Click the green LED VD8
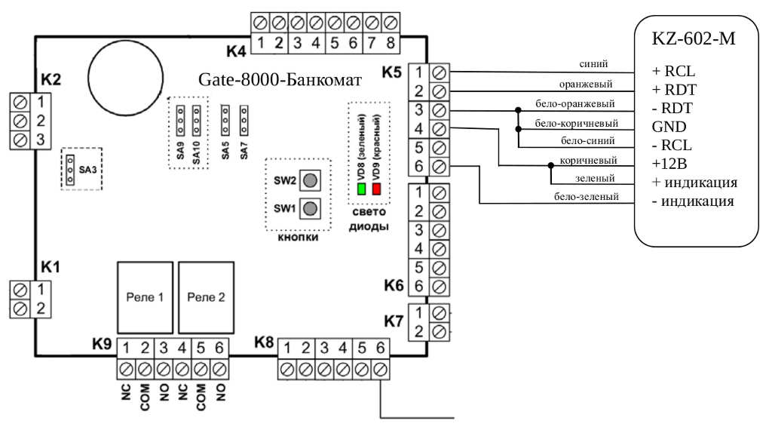(x=362, y=189)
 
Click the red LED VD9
(x=377, y=189)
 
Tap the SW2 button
(x=309, y=180)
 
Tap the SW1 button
(x=309, y=207)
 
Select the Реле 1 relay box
(x=144, y=297)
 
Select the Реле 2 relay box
(x=206, y=297)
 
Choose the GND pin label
(x=666, y=126)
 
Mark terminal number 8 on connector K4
(x=390, y=43)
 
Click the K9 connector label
(x=103, y=344)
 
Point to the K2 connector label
(x=52, y=81)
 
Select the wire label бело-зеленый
(x=587, y=198)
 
